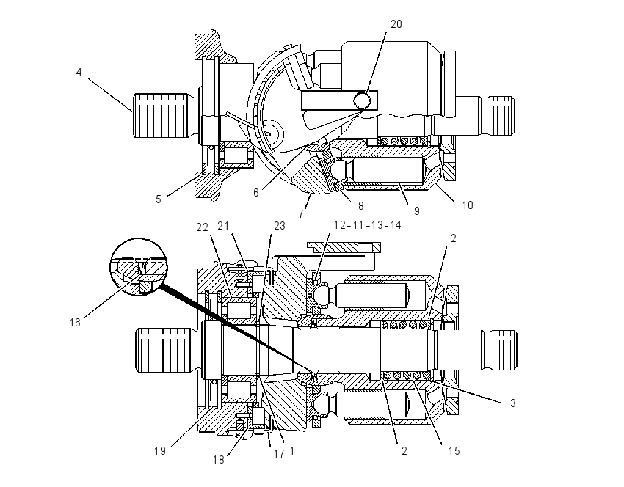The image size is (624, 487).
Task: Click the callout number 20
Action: [x=396, y=24]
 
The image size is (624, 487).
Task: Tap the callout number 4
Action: [x=79, y=73]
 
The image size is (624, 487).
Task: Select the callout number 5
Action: [x=159, y=199]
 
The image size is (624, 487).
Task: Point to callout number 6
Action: [x=256, y=193]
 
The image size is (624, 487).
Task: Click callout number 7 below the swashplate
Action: [x=301, y=213]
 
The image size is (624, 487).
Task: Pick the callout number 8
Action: [x=361, y=205]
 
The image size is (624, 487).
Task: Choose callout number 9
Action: [x=417, y=211]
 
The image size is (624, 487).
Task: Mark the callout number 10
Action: [x=468, y=205]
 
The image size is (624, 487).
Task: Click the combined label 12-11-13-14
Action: [x=367, y=225]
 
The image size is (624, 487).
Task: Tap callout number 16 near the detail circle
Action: [x=75, y=323]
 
